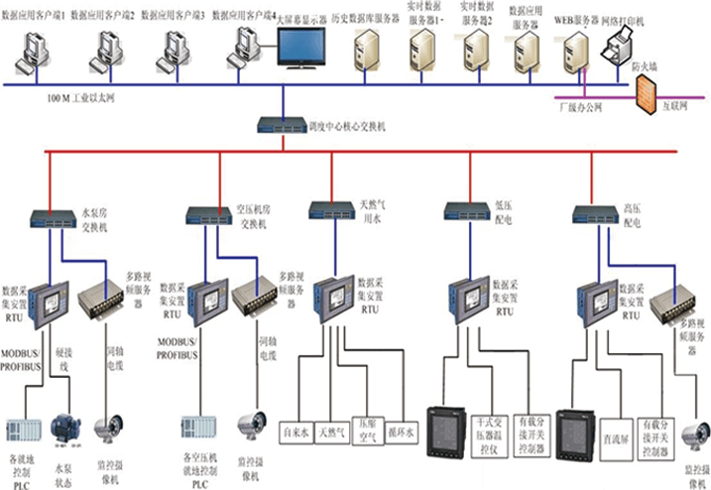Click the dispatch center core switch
pyautogui.click(x=281, y=125)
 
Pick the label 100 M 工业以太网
pyautogui.click(x=82, y=98)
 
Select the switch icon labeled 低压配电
pyautogui.click(x=461, y=211)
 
